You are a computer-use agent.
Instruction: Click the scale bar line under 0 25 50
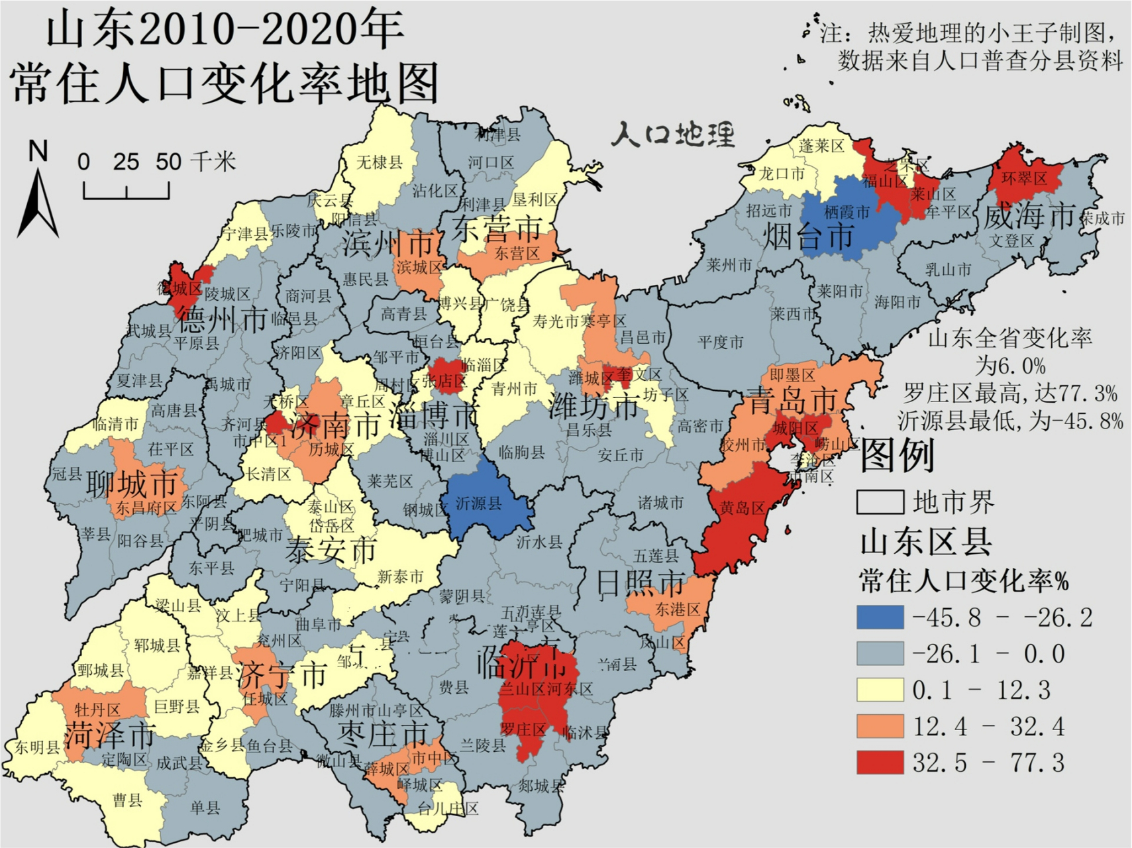click(126, 197)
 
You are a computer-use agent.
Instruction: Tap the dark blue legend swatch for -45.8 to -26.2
click(880, 617)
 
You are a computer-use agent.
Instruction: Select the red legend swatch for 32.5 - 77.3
click(880, 763)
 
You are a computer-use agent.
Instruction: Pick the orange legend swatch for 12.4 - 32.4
click(880, 727)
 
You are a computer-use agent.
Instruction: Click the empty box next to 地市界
click(880, 502)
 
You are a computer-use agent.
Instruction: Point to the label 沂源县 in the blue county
click(478, 503)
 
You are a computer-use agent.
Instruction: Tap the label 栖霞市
click(847, 212)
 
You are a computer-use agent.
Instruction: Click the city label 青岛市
click(793, 401)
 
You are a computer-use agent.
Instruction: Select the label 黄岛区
click(742, 508)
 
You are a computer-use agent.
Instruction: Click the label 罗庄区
click(523, 730)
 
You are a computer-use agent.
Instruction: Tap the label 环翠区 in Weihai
click(1024, 178)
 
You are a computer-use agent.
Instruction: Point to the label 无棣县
click(379, 162)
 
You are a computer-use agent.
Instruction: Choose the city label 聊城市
click(131, 484)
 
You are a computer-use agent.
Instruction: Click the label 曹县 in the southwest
click(127, 800)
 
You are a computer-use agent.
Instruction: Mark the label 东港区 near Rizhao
click(678, 609)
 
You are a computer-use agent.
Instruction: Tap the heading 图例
click(897, 456)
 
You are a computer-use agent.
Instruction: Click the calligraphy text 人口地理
click(672, 134)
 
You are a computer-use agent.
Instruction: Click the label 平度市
click(720, 343)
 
